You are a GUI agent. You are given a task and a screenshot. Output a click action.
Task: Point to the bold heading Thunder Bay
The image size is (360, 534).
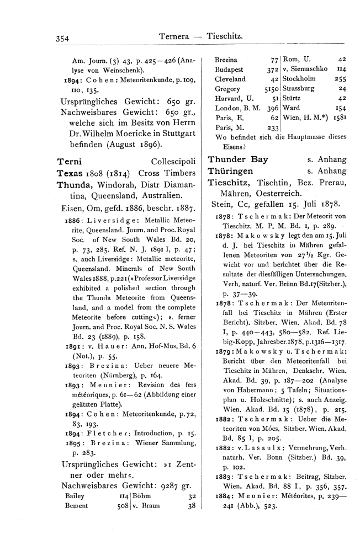pos(238,159)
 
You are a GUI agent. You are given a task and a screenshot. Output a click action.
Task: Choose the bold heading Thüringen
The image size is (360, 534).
pos(230,170)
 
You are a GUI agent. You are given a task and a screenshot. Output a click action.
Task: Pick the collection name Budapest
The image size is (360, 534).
pos(229,69)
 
